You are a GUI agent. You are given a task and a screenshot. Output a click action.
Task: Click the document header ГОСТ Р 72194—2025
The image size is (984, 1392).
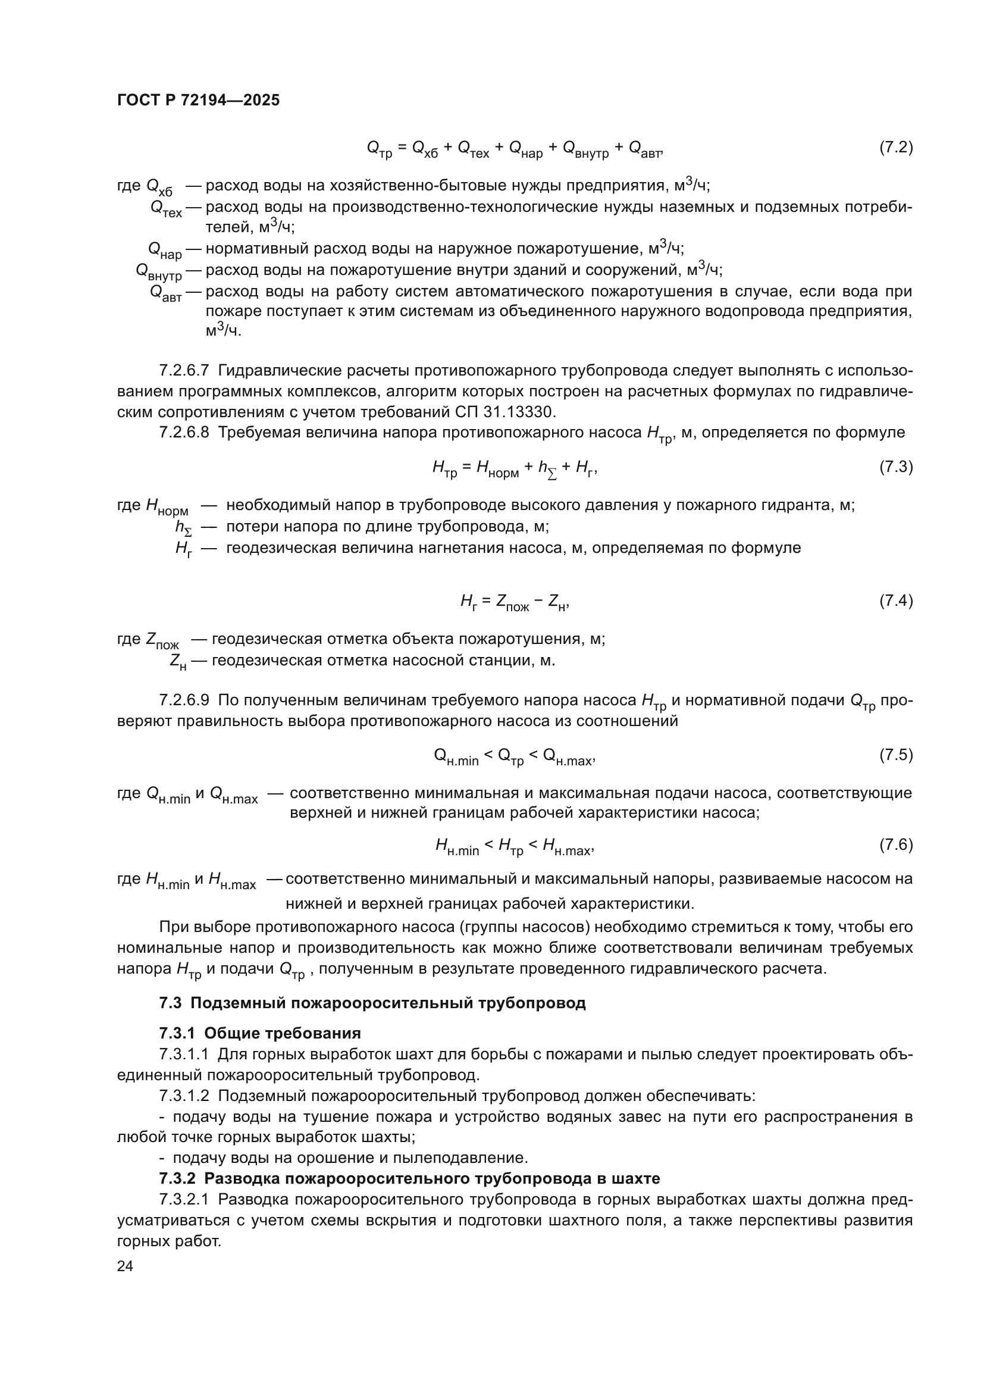click(x=198, y=101)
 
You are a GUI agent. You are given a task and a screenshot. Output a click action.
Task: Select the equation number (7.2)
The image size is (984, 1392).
click(x=895, y=148)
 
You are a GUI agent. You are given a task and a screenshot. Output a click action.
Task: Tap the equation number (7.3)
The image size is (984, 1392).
click(x=895, y=467)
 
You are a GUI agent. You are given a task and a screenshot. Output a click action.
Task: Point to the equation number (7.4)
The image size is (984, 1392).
click(x=895, y=601)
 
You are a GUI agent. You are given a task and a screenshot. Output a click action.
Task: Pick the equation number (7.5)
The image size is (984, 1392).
click(x=895, y=755)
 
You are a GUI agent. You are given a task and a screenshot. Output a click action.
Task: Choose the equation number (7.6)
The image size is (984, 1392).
click(x=895, y=844)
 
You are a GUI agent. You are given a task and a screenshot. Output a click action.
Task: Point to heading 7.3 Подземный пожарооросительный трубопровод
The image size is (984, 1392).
click(x=372, y=1003)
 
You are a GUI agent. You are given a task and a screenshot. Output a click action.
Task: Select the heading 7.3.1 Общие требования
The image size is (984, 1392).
click(x=260, y=1033)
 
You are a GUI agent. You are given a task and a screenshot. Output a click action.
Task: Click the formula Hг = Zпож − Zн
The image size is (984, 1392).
click(x=515, y=602)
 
